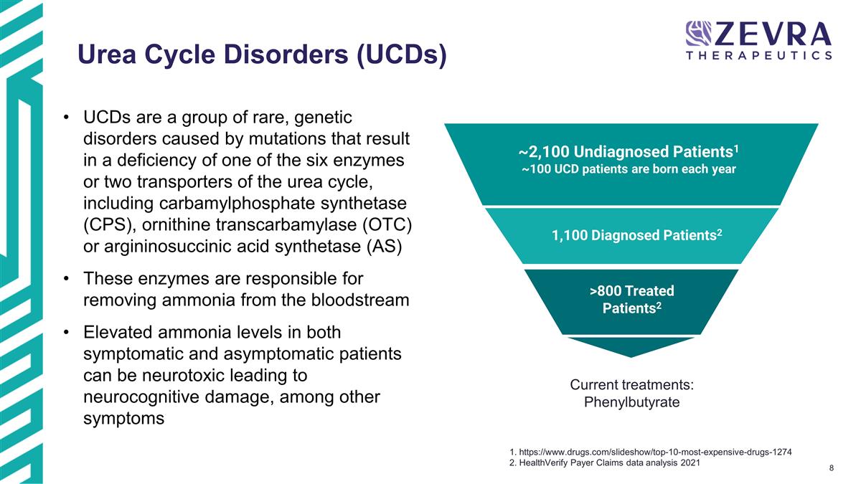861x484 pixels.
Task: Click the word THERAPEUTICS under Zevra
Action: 759,55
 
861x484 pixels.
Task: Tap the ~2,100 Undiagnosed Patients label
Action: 629,152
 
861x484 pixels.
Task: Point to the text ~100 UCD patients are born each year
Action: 629,170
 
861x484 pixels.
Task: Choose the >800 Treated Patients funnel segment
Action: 631,300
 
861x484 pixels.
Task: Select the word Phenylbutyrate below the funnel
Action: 631,402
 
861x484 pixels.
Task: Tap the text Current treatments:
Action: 631,385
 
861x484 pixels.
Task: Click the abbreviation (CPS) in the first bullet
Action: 110,224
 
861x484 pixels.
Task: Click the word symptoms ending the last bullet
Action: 124,418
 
